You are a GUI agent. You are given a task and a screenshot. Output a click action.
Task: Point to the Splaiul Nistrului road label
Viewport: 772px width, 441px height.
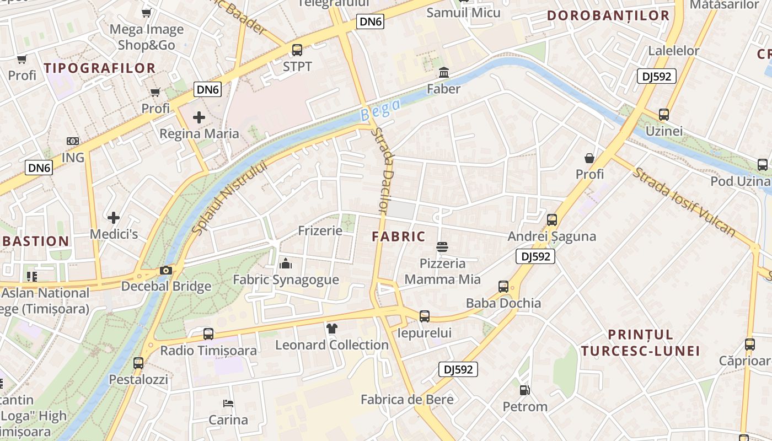click(x=230, y=197)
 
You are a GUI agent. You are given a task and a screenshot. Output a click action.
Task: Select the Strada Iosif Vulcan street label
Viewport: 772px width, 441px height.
click(x=684, y=202)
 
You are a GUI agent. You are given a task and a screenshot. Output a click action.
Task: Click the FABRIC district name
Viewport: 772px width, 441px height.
click(x=399, y=236)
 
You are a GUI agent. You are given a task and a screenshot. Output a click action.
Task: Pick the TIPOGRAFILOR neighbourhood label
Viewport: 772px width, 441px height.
click(x=100, y=68)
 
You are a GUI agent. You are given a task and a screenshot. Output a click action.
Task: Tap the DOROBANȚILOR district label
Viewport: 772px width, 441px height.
click(x=608, y=15)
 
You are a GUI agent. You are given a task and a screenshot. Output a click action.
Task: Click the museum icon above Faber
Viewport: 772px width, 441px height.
click(x=444, y=73)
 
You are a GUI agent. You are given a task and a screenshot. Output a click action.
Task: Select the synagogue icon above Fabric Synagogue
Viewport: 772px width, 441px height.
click(x=286, y=263)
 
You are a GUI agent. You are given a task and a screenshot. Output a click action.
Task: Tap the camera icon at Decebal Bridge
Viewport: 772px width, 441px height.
click(x=165, y=270)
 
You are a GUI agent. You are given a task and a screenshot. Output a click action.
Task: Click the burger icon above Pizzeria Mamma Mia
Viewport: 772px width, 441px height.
click(x=442, y=246)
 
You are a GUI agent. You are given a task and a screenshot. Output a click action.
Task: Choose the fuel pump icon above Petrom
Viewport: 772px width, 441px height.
click(x=524, y=390)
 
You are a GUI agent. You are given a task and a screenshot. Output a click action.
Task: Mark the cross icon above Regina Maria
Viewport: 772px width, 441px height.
click(x=199, y=117)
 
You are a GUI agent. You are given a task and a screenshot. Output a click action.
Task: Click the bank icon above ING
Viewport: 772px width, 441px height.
click(x=73, y=142)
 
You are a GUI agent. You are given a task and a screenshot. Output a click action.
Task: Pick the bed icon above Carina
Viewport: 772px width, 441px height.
click(x=228, y=404)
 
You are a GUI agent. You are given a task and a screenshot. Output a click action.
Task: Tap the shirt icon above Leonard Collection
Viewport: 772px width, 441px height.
click(x=331, y=329)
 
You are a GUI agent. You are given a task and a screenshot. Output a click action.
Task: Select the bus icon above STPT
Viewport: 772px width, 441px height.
click(x=297, y=50)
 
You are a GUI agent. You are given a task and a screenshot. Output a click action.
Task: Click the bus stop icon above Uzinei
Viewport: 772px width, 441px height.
click(x=664, y=115)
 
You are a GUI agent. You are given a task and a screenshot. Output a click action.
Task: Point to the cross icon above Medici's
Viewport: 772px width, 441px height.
click(x=114, y=218)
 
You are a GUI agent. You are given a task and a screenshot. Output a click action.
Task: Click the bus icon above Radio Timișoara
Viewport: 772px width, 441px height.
click(x=208, y=334)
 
